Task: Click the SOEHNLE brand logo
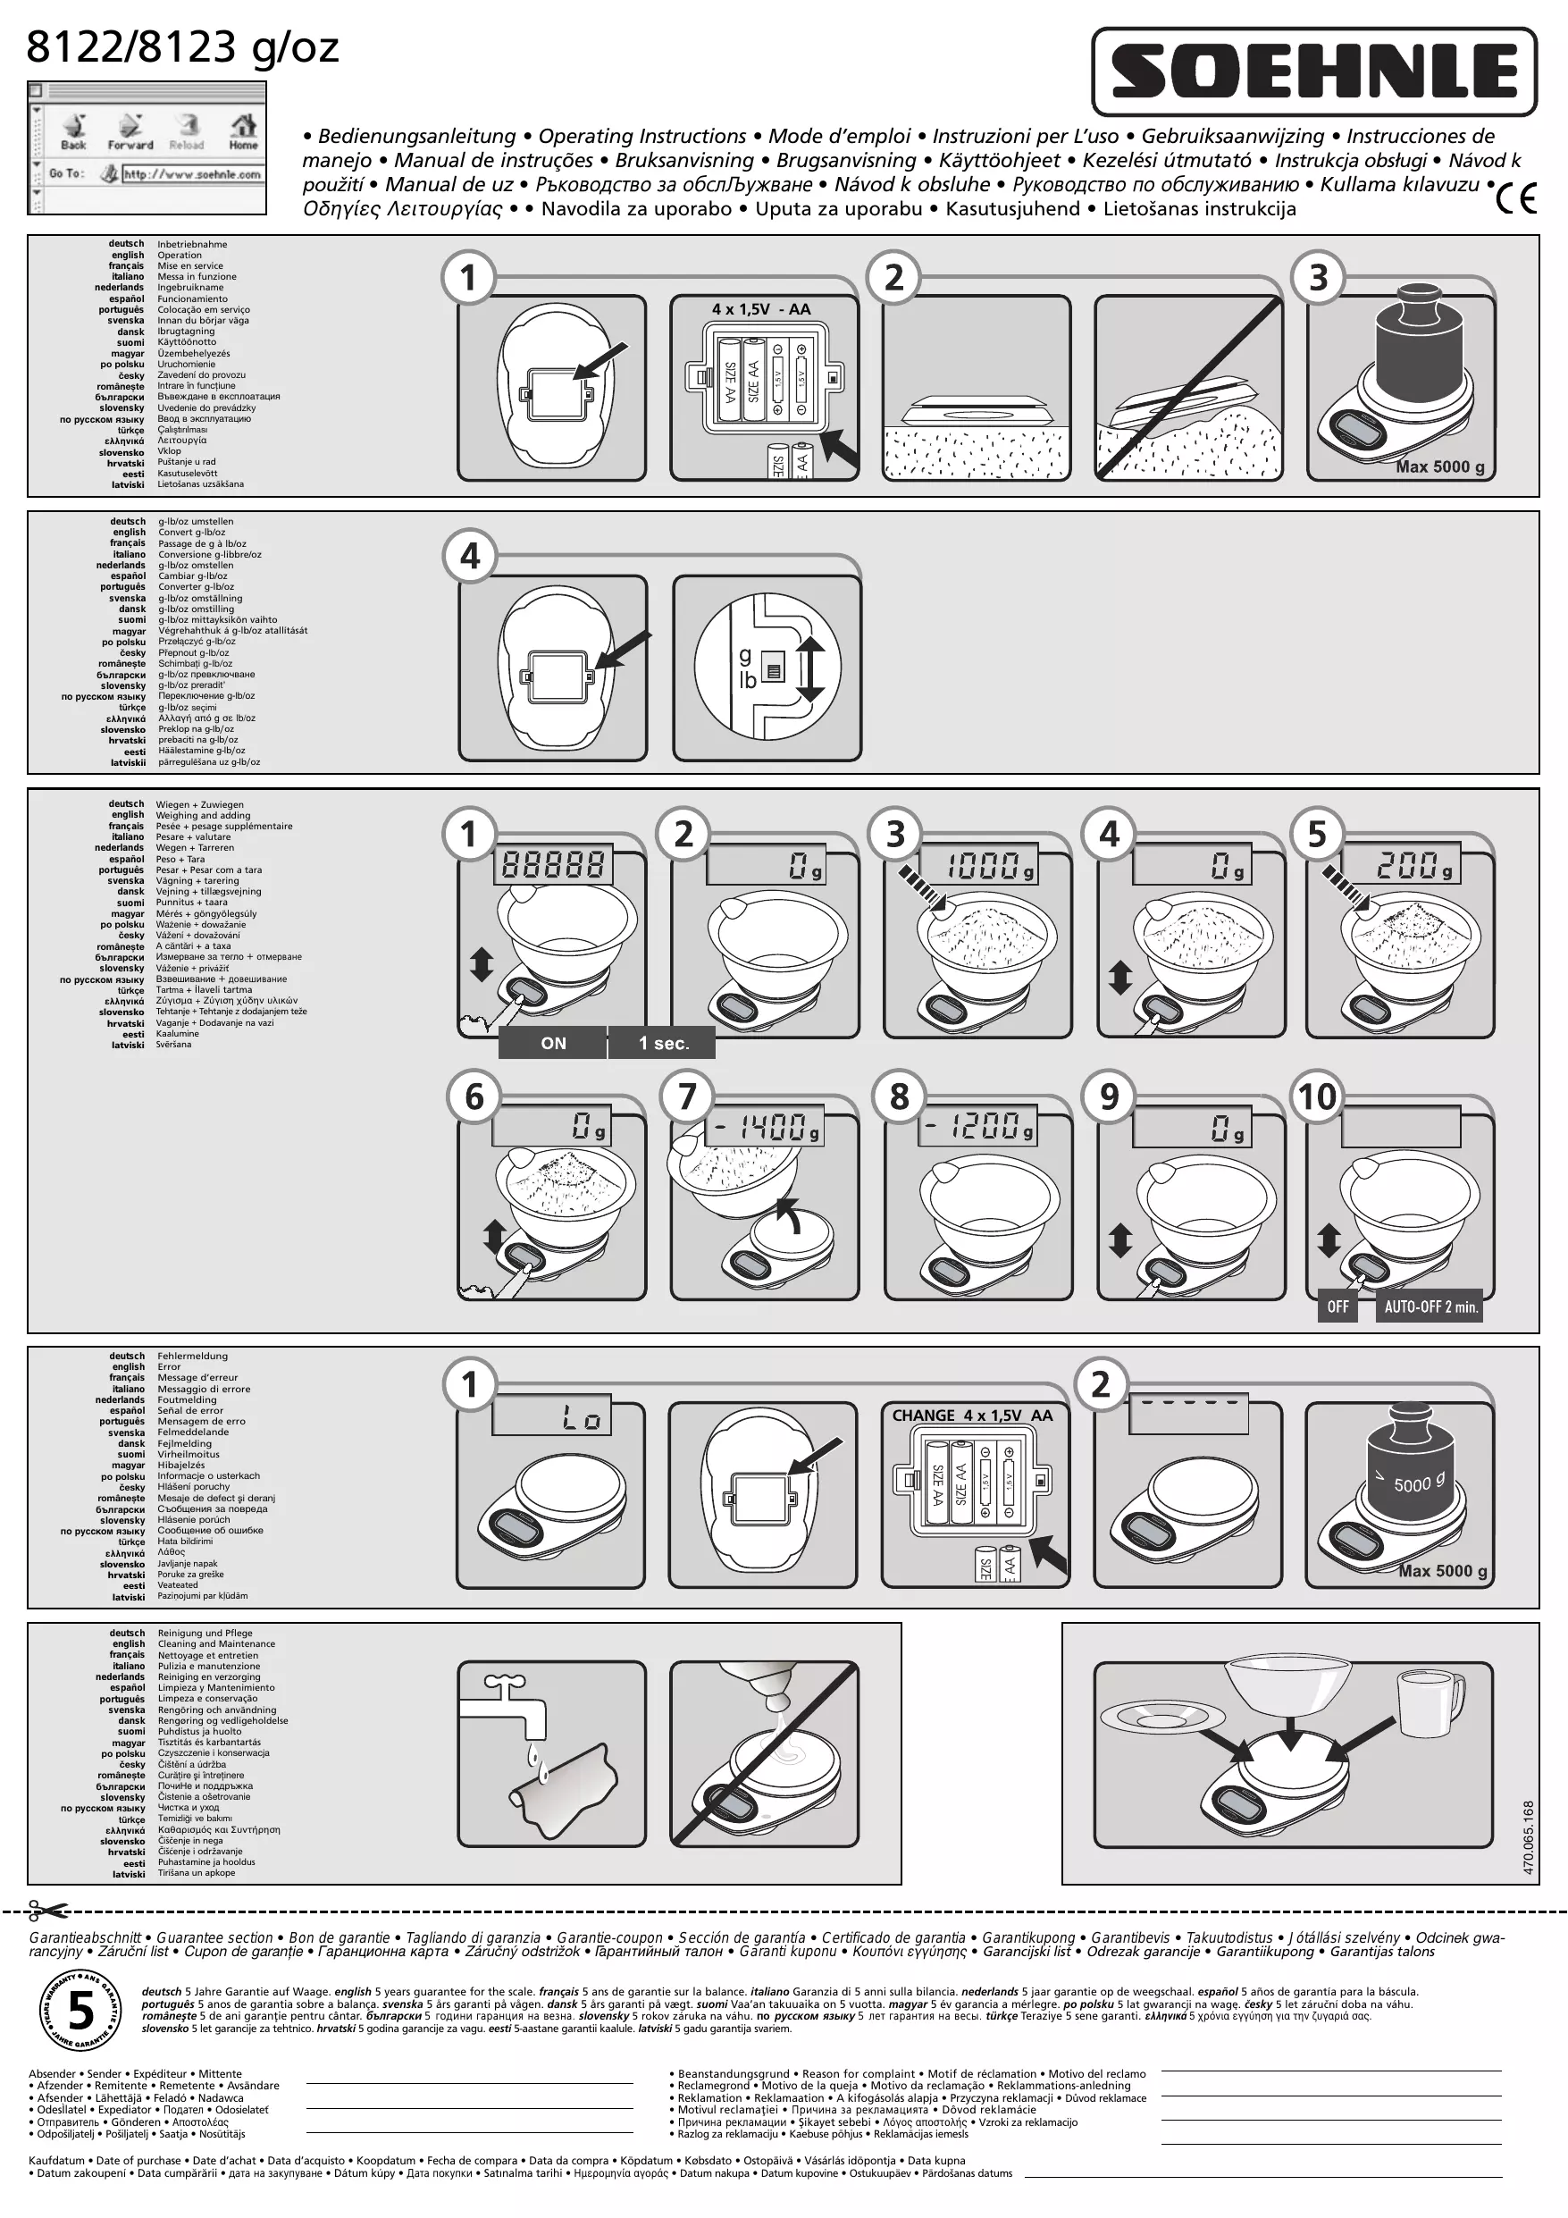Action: coord(1314,71)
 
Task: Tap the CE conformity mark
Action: coord(1517,198)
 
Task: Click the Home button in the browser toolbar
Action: coord(242,130)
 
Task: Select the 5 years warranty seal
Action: coord(80,2012)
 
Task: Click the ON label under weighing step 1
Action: coord(553,1043)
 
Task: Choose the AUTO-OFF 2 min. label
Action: coord(1430,1307)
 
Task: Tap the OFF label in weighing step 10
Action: coord(1337,1307)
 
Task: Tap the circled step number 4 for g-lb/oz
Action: coord(470,557)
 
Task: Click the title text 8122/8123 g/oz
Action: coord(182,46)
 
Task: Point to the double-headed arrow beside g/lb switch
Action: coord(809,668)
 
